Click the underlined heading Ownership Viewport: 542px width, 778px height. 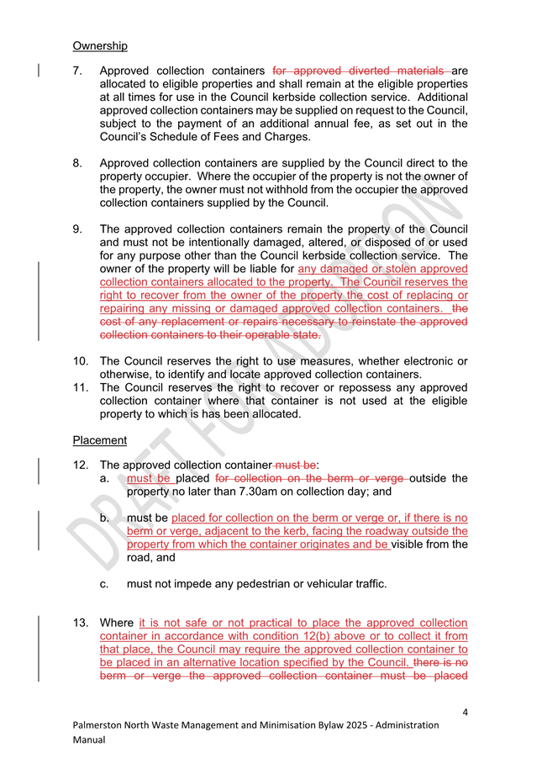(x=100, y=45)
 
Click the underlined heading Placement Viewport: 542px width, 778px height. (x=100, y=440)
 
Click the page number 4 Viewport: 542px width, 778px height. (x=464, y=712)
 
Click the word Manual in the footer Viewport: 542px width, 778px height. (x=90, y=740)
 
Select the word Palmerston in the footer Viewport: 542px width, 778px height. (x=101, y=725)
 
